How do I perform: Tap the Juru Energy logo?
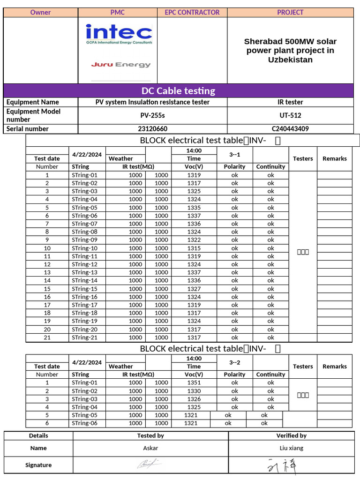[121, 65]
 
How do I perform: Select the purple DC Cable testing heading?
[178, 90]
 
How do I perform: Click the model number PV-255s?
[152, 115]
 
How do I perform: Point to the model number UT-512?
[290, 115]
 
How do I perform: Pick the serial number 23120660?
[152, 129]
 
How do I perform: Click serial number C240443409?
[290, 129]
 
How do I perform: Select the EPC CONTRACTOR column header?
[192, 13]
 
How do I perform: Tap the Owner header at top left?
[40, 13]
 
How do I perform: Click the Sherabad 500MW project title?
[290, 51]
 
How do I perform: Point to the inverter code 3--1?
[235, 155]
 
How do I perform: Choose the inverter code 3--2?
[235, 362]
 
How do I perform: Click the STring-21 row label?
[85, 337]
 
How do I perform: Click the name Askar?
[150, 448]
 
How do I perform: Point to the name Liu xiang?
[291, 448]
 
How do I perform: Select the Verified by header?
[291, 436]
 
